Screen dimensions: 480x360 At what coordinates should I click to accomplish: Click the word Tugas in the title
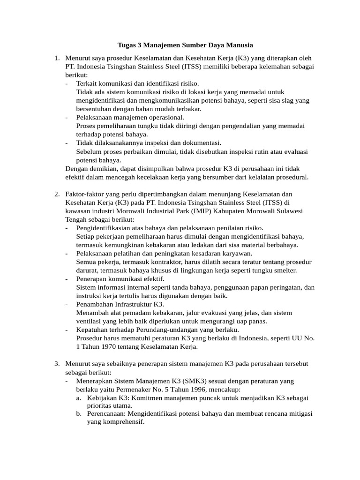(x=127, y=45)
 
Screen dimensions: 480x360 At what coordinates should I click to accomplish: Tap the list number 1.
(x=56, y=58)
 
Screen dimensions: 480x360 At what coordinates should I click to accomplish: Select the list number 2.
(x=56, y=194)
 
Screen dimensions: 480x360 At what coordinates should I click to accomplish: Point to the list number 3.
(x=56, y=364)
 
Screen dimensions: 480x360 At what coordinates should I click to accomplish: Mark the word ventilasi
(x=90, y=321)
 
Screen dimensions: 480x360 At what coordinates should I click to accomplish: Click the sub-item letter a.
(x=79, y=397)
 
